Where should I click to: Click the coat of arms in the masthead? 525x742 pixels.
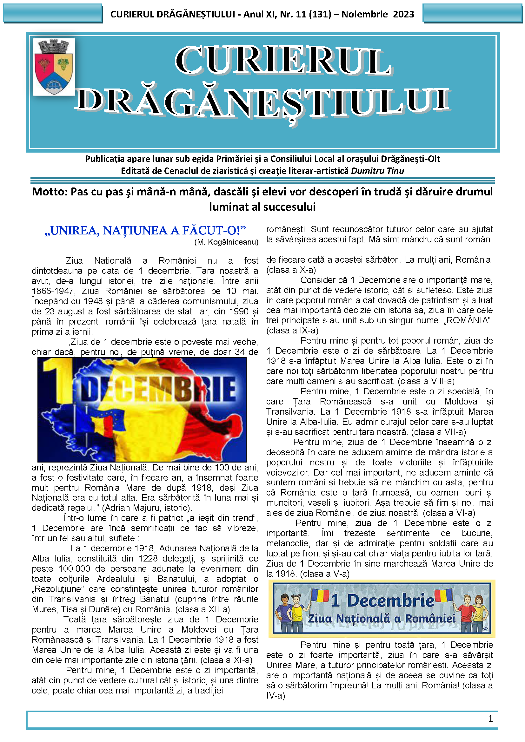coord(54,67)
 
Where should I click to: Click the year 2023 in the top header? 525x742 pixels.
coord(403,15)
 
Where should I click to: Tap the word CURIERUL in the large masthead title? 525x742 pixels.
coord(283,61)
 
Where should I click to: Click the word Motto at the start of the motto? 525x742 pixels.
coord(50,192)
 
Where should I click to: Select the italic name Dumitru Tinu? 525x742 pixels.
coord(377,171)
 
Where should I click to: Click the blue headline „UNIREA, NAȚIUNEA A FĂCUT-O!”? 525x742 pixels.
coord(145,230)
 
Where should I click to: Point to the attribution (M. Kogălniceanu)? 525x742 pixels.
coord(226,242)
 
